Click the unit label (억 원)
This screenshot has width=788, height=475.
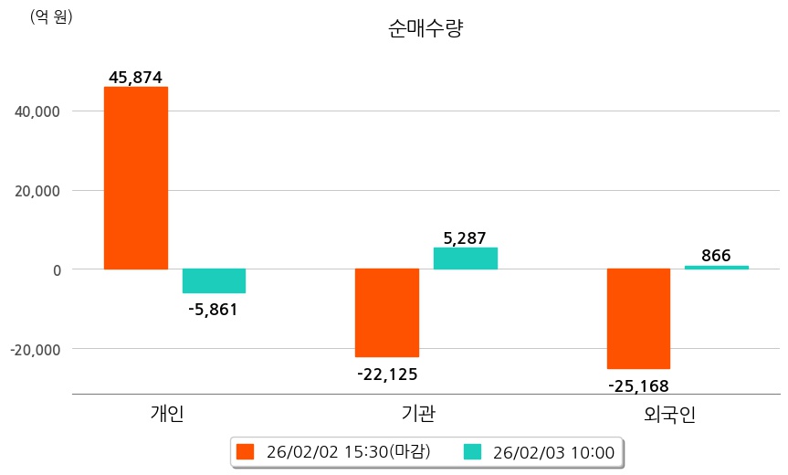(51, 16)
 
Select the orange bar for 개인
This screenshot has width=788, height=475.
(135, 178)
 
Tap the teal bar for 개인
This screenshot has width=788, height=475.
(214, 280)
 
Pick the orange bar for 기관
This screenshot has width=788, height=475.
(387, 312)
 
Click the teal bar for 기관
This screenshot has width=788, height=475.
(466, 259)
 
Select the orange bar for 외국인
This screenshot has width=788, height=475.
(638, 319)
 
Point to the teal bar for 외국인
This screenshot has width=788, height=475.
(717, 267)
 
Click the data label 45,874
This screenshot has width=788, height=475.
(135, 78)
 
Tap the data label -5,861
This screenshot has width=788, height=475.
(213, 310)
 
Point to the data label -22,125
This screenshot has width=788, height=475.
(387, 373)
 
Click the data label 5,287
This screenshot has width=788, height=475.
(466, 238)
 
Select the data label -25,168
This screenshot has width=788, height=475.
(638, 385)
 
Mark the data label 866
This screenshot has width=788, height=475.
(716, 256)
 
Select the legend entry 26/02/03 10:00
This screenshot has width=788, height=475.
(541, 451)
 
